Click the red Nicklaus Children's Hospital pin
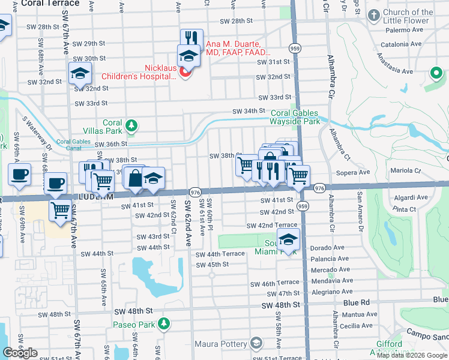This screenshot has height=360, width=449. (x=185, y=73)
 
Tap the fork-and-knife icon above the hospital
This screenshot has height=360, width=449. (x=191, y=38)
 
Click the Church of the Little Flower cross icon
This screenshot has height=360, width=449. (x=374, y=14)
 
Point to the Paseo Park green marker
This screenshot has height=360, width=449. (x=163, y=325)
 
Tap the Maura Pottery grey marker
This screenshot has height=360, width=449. (x=256, y=344)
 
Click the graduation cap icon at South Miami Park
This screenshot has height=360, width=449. (x=288, y=239)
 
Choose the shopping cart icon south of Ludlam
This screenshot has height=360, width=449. (x=60, y=210)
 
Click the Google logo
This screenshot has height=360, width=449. (x=20, y=352)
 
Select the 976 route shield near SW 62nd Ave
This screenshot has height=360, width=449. (x=194, y=191)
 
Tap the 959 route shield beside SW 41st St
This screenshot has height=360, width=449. (x=304, y=206)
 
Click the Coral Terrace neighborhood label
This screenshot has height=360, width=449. (x=50, y=4)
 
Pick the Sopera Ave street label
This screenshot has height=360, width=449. (x=337, y=172)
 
